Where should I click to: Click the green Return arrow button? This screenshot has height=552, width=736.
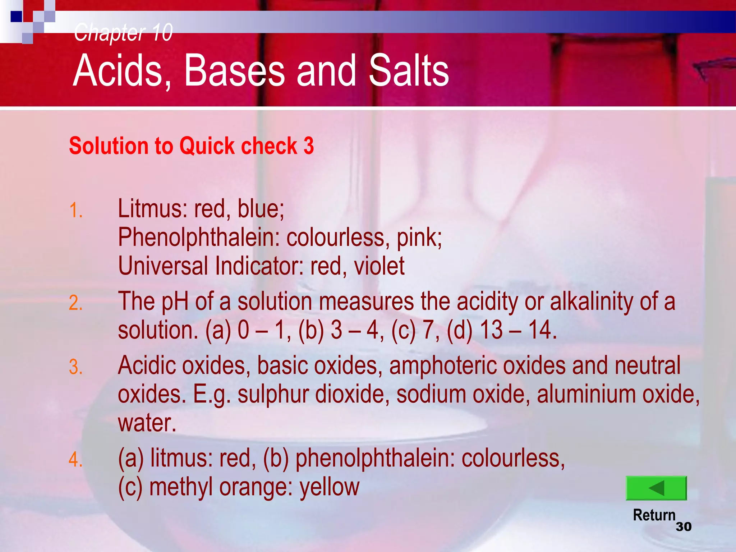tap(656, 488)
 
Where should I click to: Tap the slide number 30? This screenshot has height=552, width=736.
tap(684, 527)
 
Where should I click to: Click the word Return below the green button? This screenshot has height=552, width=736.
tap(654, 515)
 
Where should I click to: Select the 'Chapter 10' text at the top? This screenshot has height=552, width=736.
tap(123, 32)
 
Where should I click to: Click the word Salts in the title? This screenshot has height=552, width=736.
tap(409, 70)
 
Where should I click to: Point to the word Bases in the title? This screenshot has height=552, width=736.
tap(234, 70)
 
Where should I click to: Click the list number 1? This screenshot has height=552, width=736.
tap(76, 211)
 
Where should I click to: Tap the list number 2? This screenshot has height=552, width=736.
tap(76, 303)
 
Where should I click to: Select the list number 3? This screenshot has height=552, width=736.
tap(76, 367)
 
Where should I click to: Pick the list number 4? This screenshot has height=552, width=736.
tap(76, 460)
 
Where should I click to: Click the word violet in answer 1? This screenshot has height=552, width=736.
tap(379, 266)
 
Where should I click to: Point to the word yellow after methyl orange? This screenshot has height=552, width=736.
tap(330, 487)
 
